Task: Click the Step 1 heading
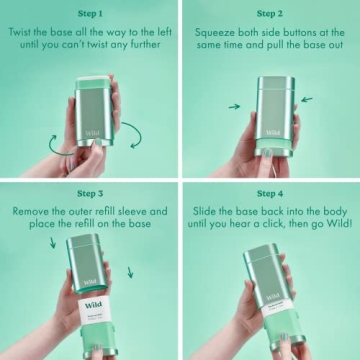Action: (x=90, y=14)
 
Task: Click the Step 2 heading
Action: (x=269, y=14)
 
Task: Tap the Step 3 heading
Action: (x=90, y=193)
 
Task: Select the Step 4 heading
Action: (x=269, y=193)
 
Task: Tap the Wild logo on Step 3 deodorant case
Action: (x=92, y=304)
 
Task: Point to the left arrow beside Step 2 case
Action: (x=234, y=106)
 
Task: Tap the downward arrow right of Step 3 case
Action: (x=130, y=272)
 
